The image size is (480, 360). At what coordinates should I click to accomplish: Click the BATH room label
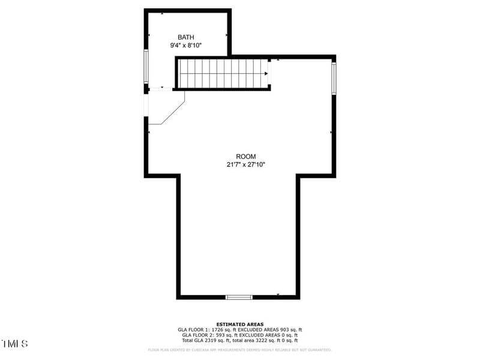point(185,37)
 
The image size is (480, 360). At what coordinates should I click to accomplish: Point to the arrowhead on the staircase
point(266,74)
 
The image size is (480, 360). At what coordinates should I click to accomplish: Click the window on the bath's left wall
point(146,65)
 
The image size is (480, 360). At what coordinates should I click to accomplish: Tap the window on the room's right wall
point(334,78)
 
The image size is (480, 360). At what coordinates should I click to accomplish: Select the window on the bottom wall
point(239,296)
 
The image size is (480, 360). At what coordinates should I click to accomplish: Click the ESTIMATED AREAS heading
point(240,324)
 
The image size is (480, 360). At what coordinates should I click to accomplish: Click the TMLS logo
point(14,344)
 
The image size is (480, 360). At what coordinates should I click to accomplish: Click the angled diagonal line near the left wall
point(172,112)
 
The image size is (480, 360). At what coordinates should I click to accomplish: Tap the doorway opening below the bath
point(160,89)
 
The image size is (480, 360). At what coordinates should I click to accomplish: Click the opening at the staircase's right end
point(271,73)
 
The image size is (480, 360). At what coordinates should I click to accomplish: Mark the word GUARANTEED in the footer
point(319,350)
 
